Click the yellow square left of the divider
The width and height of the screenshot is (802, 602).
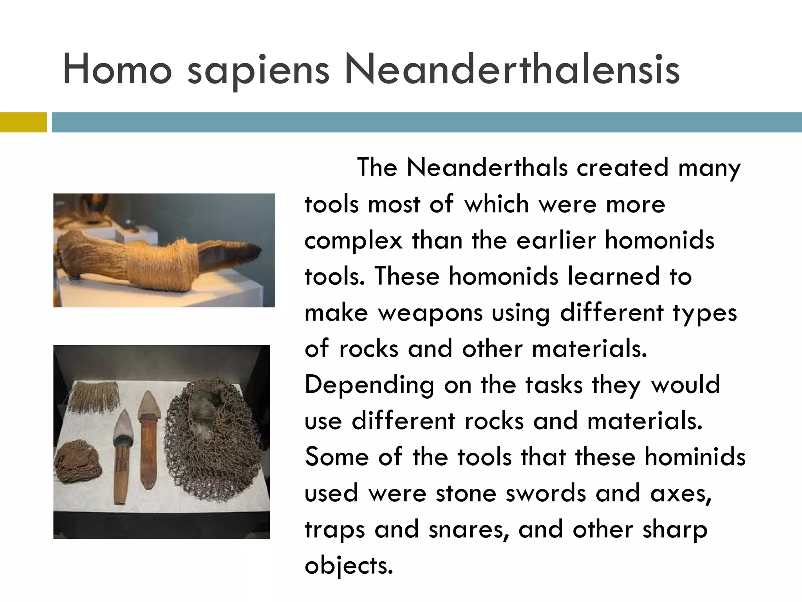(23, 122)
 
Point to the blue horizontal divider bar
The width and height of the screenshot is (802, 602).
(427, 122)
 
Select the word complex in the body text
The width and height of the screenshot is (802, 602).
(353, 241)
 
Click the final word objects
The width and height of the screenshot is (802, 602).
(349, 566)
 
